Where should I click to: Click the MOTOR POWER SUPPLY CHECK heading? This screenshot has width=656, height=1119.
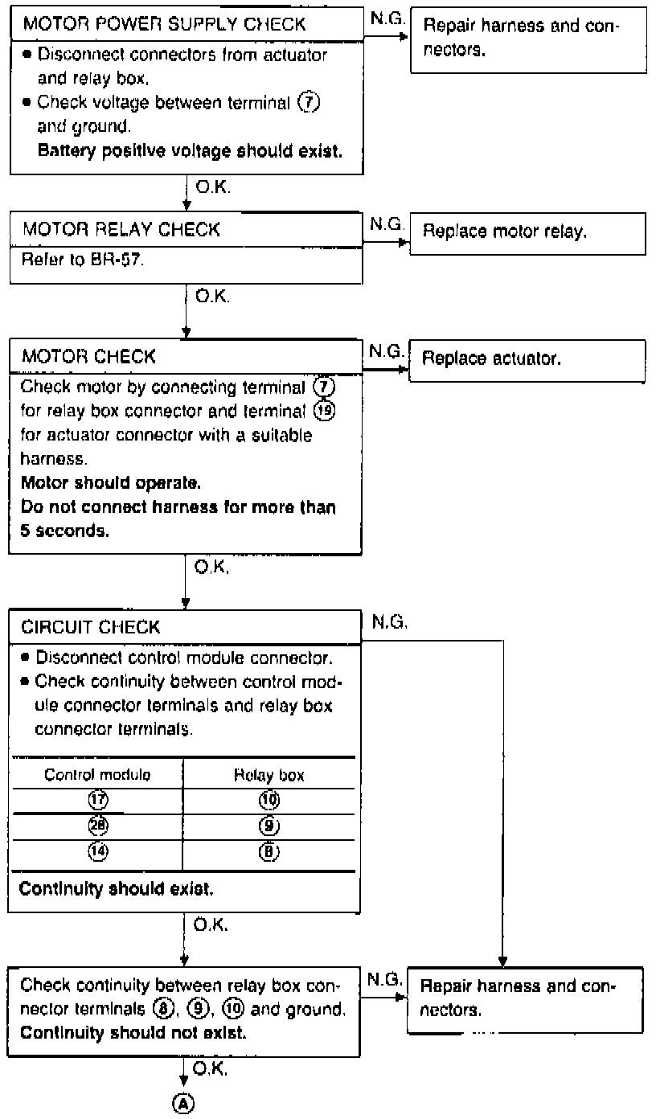(164, 24)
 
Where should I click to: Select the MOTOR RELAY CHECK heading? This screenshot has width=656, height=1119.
(121, 230)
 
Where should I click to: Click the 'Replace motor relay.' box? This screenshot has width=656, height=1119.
(527, 232)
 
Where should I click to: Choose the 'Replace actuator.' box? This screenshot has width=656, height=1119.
(527, 359)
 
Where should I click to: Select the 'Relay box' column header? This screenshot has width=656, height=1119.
(269, 776)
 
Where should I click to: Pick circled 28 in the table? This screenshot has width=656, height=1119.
(99, 826)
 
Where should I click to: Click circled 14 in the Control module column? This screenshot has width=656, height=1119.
(99, 851)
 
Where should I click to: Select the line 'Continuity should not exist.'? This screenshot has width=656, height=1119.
(133, 1031)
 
